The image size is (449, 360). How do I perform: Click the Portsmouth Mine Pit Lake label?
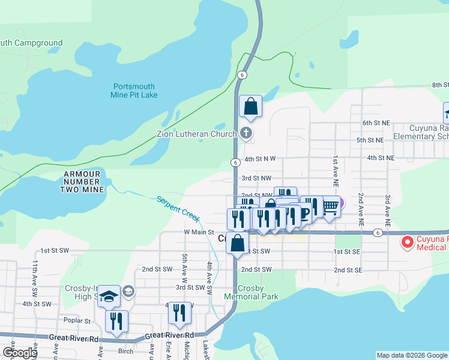[134, 91]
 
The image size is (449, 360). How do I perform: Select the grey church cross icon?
[245, 134]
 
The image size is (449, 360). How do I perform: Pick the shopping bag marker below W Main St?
[238, 244]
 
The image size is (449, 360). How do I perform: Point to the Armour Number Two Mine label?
[84, 181]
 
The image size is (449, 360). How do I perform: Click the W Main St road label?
[199, 232]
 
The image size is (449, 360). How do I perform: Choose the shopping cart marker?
[330, 206]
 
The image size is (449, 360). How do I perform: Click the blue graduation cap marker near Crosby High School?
[109, 296]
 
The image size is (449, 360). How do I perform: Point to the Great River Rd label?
[74, 339]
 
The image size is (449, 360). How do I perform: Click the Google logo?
[19, 353]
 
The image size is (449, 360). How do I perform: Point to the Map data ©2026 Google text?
[411, 355]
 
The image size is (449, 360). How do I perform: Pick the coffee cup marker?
[303, 213]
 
